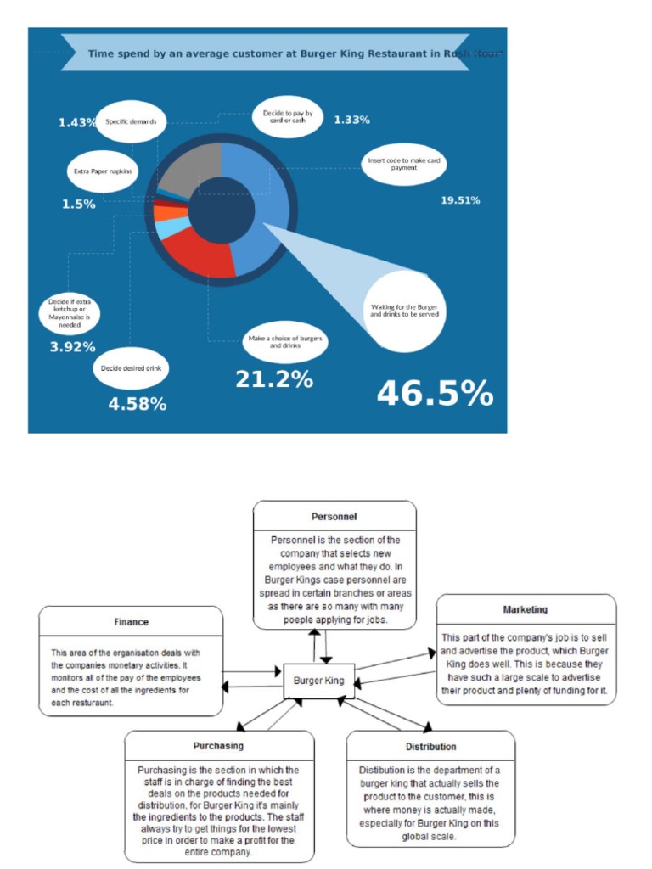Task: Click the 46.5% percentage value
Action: (x=435, y=394)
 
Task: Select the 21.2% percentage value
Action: (x=273, y=379)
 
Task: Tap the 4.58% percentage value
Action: (x=137, y=404)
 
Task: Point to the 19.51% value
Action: (x=460, y=200)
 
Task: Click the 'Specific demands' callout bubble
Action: (x=130, y=122)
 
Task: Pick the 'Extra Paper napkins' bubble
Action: (x=103, y=171)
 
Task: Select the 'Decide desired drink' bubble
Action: (x=131, y=368)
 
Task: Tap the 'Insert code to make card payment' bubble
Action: (x=404, y=163)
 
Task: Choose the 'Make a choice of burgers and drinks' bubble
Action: (x=284, y=342)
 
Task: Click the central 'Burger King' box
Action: (x=318, y=681)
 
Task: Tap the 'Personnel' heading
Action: (x=334, y=516)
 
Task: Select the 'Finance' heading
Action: (x=131, y=622)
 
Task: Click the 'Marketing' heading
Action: (x=525, y=609)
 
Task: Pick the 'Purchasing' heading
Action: (x=218, y=745)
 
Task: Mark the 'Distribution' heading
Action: (x=430, y=747)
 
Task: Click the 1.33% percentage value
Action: (x=351, y=120)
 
